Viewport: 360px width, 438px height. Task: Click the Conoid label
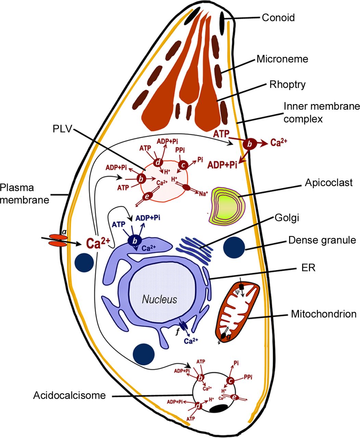point(278,17)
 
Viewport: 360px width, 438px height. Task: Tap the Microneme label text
point(282,59)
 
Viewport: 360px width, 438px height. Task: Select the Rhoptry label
point(287,85)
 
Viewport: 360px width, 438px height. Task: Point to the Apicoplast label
point(328,183)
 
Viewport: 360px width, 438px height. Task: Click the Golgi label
point(286,218)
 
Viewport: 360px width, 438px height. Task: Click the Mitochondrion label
point(323,314)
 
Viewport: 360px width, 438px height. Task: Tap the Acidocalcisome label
point(69,396)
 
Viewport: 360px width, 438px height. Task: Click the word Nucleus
point(160,300)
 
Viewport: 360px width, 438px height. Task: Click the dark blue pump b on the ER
point(135,241)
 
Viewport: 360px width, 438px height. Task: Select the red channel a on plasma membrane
point(59,240)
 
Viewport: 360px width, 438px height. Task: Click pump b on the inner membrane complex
point(249,145)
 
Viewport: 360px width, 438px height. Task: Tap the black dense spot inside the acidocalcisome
point(219,408)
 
